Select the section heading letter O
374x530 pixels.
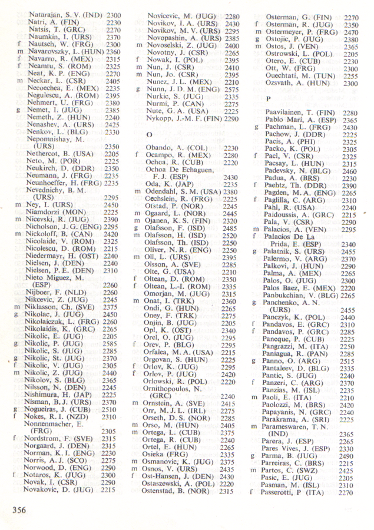pos(150,135)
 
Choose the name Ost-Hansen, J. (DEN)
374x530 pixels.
pos(182,476)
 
